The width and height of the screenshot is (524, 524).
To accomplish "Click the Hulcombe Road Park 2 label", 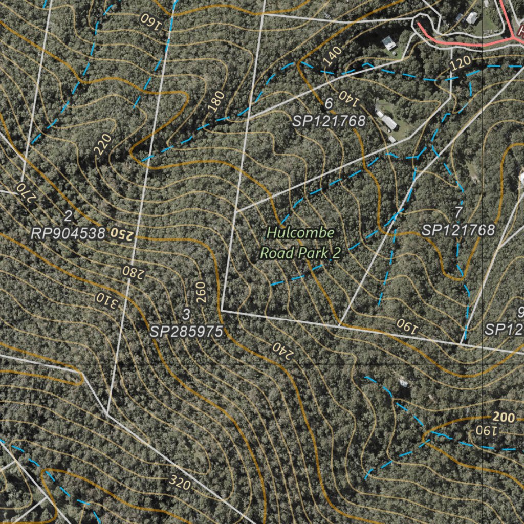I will (x=300, y=243).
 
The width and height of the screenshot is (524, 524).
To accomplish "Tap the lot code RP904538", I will (x=68, y=234).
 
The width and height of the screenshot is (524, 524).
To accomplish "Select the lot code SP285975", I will (x=187, y=332).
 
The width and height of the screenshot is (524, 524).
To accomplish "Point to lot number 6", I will (x=329, y=103).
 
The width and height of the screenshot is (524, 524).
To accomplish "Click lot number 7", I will (x=458, y=212).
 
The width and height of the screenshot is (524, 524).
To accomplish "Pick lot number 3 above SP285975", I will (x=186, y=314).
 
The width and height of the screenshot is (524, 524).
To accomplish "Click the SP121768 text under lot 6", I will (x=329, y=121).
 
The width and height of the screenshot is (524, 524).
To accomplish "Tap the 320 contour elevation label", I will (x=179, y=482).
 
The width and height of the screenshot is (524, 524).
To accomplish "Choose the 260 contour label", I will (x=200, y=292).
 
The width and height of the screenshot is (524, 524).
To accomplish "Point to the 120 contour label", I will (x=461, y=64).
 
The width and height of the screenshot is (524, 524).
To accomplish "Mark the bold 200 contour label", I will (x=505, y=418).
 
